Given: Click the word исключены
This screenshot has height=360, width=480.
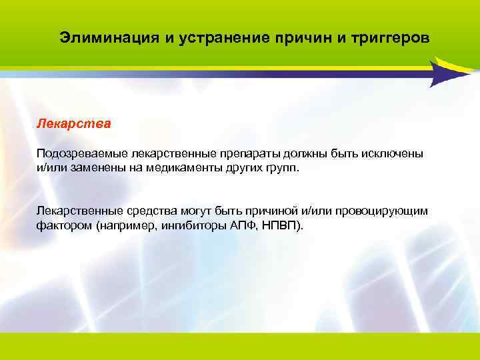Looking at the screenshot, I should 396,154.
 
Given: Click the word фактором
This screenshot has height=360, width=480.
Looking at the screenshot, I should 64,225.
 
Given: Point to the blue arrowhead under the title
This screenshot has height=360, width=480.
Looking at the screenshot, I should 445,73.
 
